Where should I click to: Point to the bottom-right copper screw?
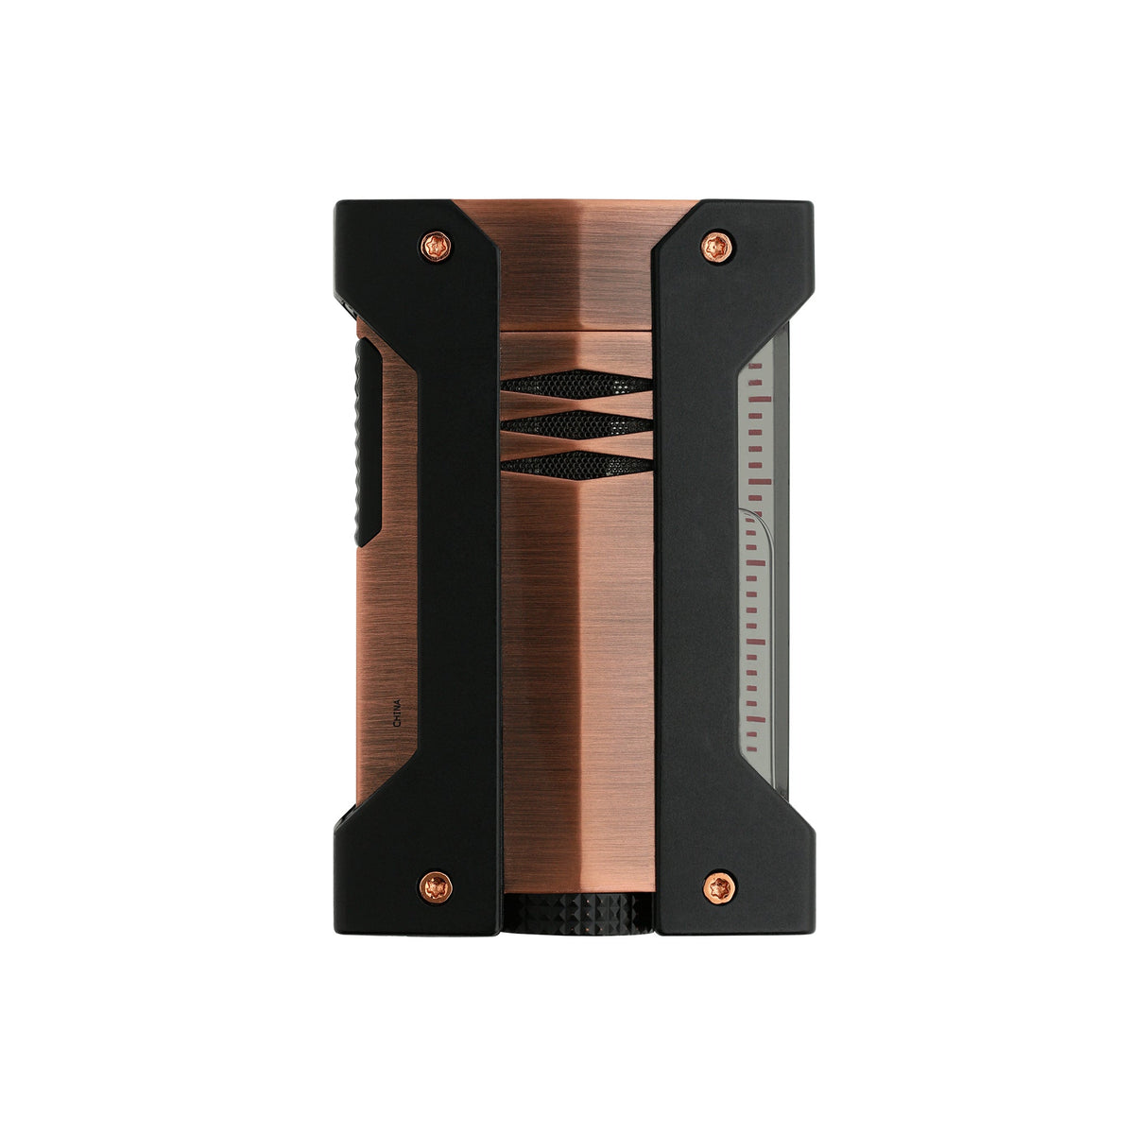(x=715, y=885)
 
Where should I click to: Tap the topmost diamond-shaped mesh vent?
(x=576, y=381)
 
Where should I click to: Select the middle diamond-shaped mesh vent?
(x=576, y=422)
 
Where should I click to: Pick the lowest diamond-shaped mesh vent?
(x=576, y=464)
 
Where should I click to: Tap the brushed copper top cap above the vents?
(x=576, y=274)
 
